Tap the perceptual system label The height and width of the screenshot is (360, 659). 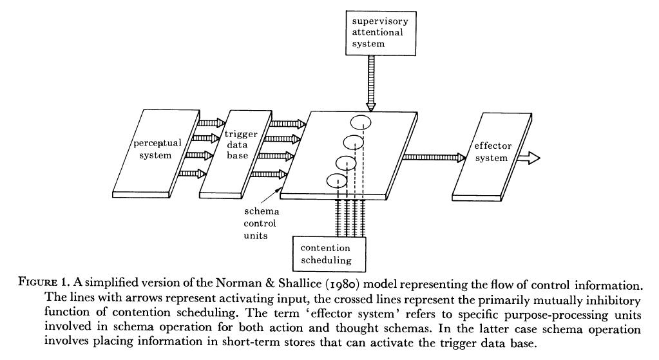point(153,149)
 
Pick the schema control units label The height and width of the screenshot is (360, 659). point(259,223)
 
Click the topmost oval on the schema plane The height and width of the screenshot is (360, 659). point(361,120)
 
